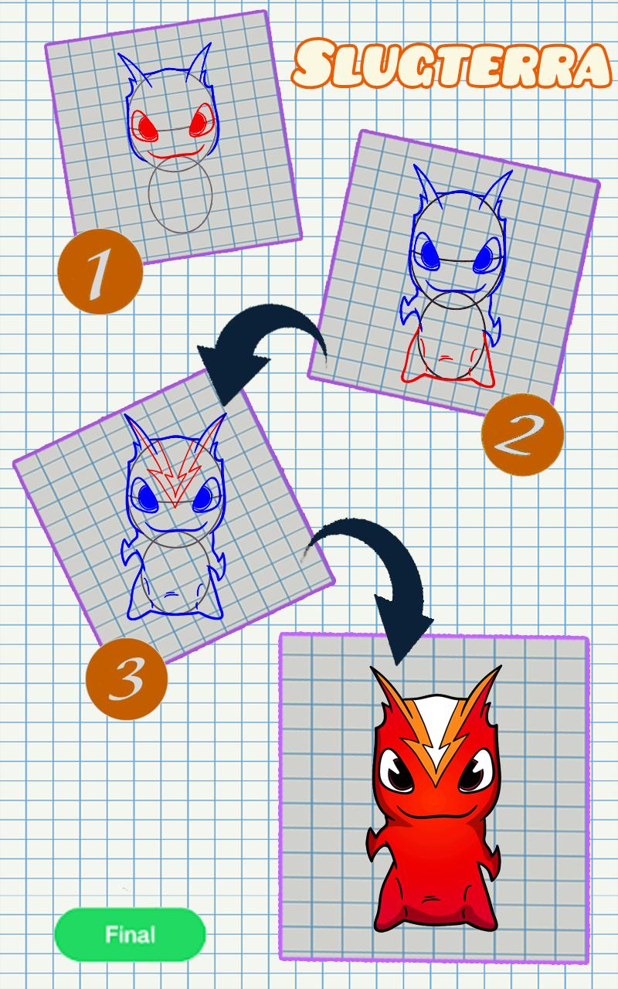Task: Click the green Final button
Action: [x=130, y=935]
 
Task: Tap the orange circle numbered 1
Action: [x=100, y=271]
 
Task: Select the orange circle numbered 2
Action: [x=522, y=435]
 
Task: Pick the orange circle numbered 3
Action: [x=126, y=678]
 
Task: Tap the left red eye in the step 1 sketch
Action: [x=147, y=127]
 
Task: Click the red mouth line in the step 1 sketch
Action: [x=175, y=153]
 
